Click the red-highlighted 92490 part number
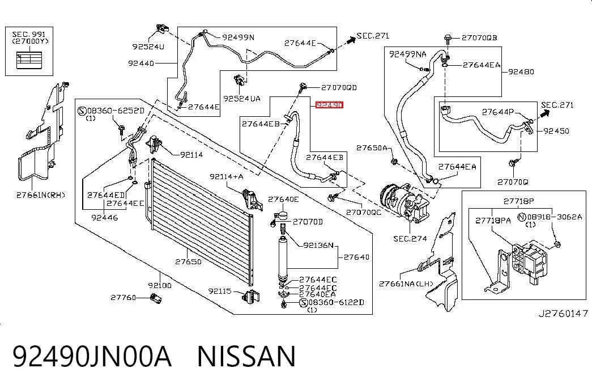[329, 105]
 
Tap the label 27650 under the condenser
[188, 261]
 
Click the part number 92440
[141, 63]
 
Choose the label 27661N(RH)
[40, 195]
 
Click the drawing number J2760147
[563, 313]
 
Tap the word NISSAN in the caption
[246, 356]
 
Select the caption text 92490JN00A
[92, 356]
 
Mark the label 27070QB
[479, 38]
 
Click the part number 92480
[521, 71]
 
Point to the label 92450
[556, 131]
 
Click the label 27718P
[519, 201]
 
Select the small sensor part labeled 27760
[156, 298]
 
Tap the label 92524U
[148, 46]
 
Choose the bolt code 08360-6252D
[116, 111]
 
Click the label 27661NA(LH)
[406, 284]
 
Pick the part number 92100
[160, 285]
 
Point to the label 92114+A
[226, 176]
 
